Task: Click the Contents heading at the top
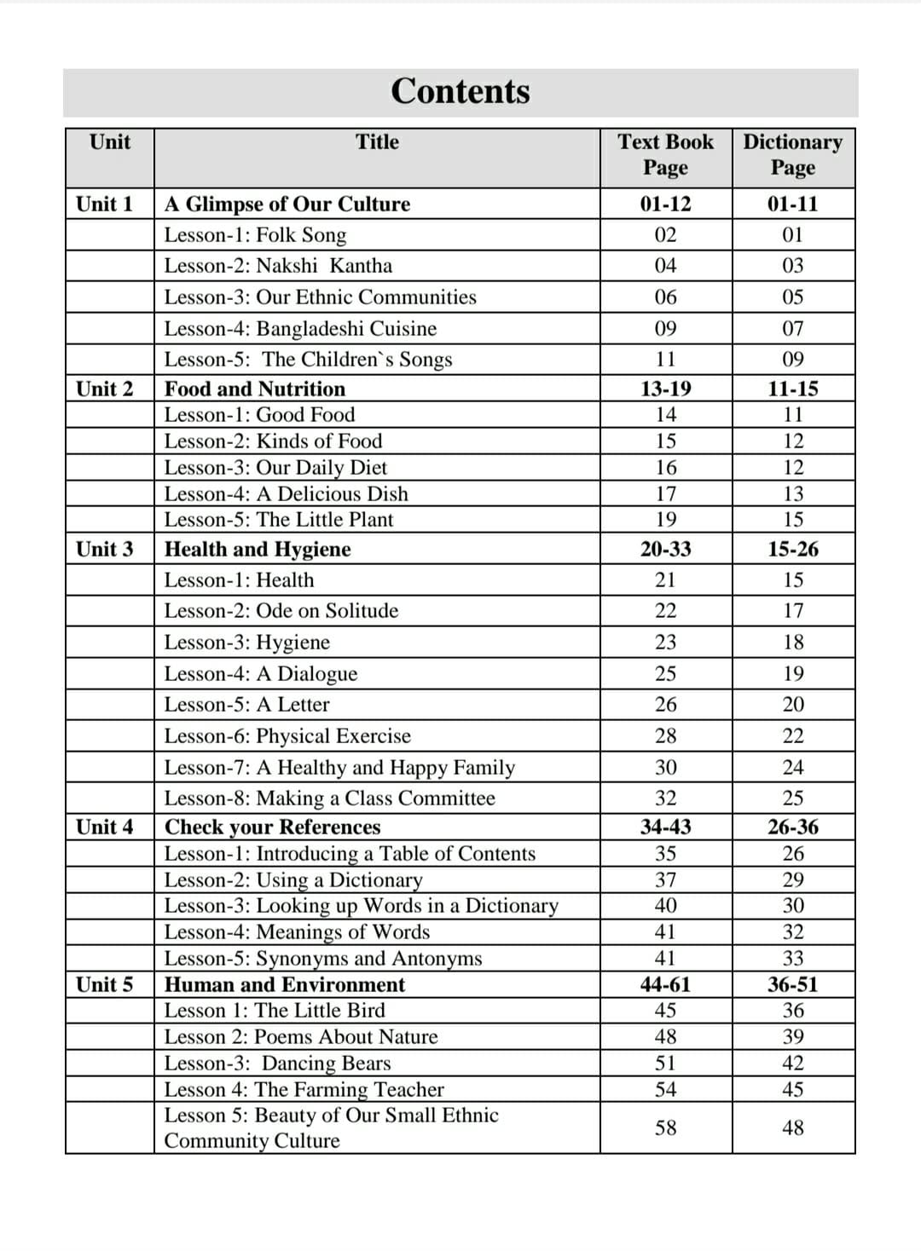[460, 91]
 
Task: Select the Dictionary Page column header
[792, 154]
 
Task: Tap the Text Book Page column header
[665, 154]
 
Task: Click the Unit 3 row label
[105, 549]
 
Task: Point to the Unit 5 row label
[105, 984]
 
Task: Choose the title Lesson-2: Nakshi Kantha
[278, 266]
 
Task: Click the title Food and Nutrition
[255, 389]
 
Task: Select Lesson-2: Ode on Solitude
[281, 611]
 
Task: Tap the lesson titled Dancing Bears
[277, 1064]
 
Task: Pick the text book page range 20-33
[665, 549]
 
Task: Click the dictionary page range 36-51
[792, 984]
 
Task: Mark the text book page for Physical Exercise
[665, 735]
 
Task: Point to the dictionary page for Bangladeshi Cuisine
[792, 328]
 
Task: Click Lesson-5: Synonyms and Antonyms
[323, 959]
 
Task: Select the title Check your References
[272, 827]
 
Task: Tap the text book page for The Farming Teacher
[665, 1089]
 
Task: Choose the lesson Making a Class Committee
[329, 798]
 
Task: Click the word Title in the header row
[377, 142]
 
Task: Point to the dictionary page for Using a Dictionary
[792, 879]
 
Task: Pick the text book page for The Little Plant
[665, 520]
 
